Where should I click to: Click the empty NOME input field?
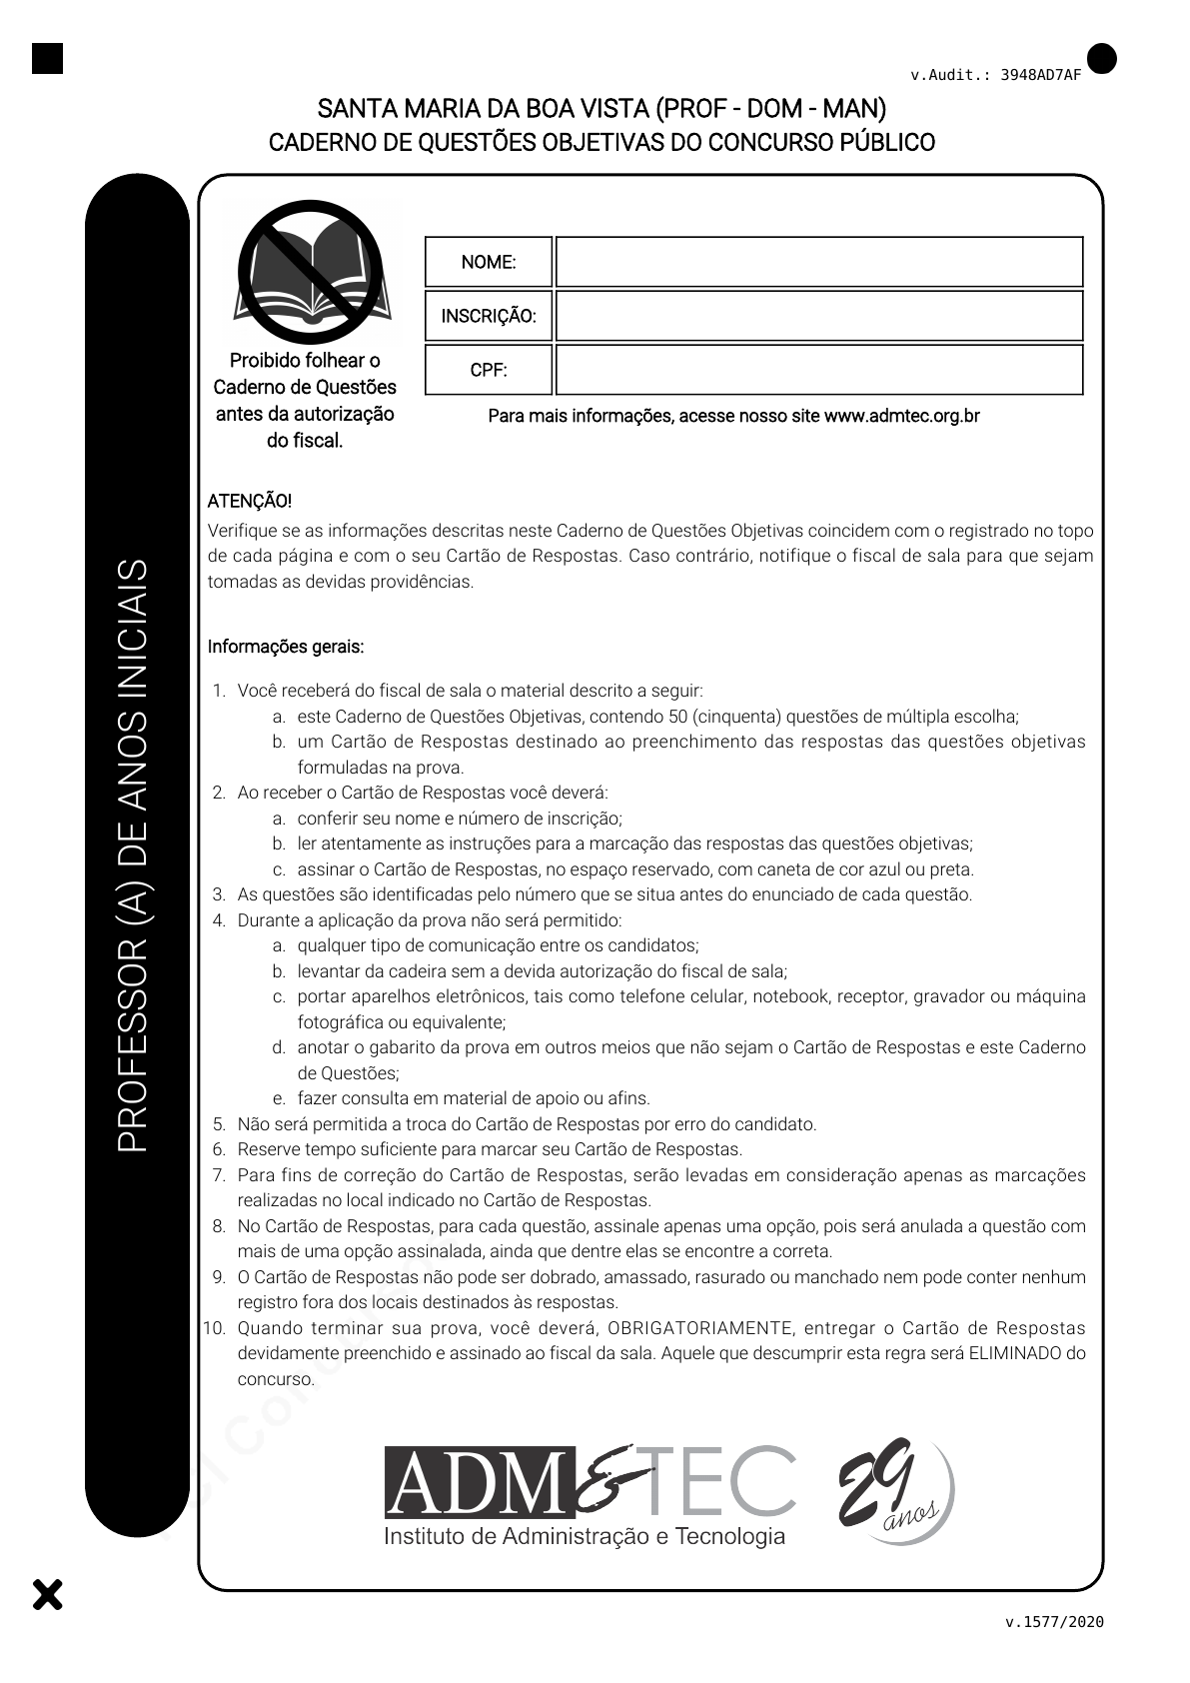[818, 262]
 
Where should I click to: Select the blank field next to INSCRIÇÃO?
[818, 316]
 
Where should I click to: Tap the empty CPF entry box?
[818, 370]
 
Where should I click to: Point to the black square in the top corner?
[47, 58]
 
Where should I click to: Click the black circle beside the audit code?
[1102, 59]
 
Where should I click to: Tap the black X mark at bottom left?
[47, 1594]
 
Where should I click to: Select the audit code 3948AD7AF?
[1040, 75]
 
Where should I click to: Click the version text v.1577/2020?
[1054, 1622]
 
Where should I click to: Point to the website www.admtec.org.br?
[901, 416]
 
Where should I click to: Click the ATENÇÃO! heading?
[250, 501]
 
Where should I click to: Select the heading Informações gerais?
[286, 647]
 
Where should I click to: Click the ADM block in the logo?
[481, 1482]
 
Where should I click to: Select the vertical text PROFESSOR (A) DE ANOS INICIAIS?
[133, 854]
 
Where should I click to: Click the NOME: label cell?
[489, 262]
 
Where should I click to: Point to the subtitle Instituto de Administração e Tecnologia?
[585, 1536]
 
